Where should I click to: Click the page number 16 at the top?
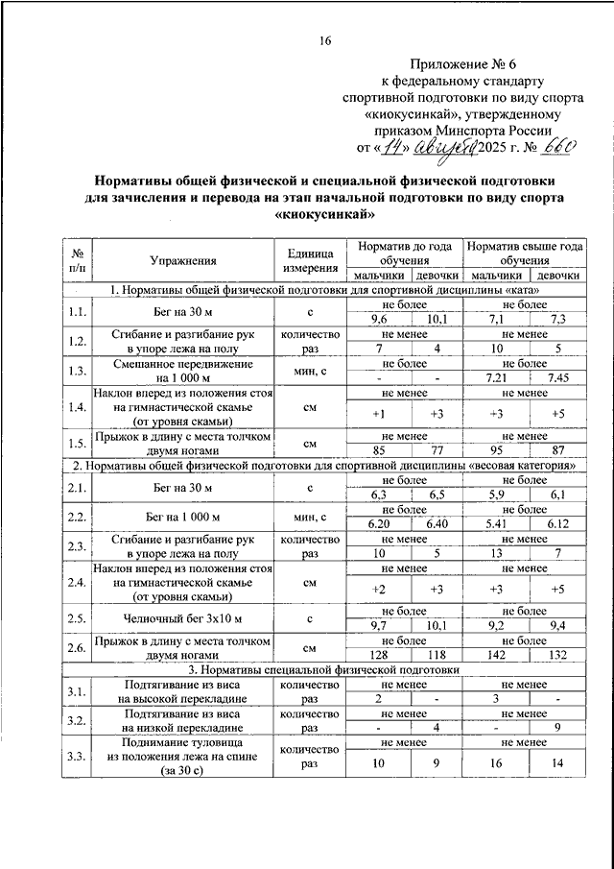pos(325,40)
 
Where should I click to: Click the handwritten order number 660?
pos(555,147)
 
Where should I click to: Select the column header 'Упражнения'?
pos(183,260)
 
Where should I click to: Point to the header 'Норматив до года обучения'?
pos(403,253)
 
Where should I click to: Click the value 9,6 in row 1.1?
pos(379,319)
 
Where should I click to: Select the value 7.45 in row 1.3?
pos(557,376)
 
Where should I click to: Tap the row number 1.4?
pos(78,407)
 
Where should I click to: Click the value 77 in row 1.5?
pos(437,449)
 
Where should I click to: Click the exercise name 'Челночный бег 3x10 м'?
pos(183,616)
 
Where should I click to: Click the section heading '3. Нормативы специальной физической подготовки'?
pos(325,668)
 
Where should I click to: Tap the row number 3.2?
pos(78,721)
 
